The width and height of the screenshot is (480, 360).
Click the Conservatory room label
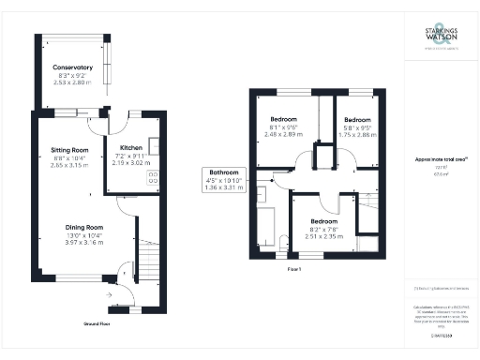[72, 68]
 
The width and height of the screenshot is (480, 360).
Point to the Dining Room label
[84, 227]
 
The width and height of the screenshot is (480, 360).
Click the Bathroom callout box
[223, 180]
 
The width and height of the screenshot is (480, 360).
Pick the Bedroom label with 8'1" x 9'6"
[283, 120]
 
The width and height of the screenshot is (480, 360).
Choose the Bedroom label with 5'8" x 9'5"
[358, 120]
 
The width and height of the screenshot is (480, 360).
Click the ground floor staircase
[148, 254]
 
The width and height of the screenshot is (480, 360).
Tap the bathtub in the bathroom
[265, 226]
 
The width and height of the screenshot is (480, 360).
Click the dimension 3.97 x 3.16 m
[84, 242]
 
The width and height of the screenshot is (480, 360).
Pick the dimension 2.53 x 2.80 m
[72, 82]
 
